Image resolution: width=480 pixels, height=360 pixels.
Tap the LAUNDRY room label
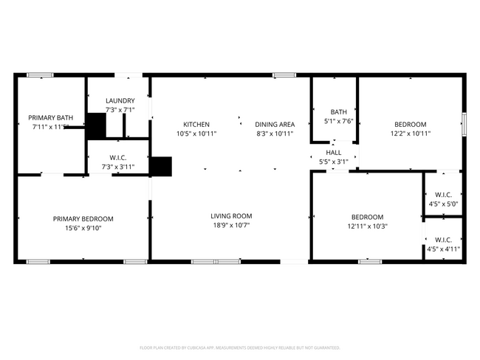[x=120, y=100]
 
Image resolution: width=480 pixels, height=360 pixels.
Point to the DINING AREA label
[x=275, y=124]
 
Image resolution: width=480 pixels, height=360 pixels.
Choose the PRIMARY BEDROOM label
[x=83, y=218]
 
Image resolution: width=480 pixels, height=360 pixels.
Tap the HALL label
[x=334, y=152]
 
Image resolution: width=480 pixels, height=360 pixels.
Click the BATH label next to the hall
[x=339, y=112]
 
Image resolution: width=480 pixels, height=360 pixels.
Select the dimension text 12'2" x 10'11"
[x=410, y=134]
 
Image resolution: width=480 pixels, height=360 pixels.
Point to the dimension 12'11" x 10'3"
[x=367, y=226]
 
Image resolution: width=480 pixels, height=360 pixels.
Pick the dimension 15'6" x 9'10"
[x=83, y=228]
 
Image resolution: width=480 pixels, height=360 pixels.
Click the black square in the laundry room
[x=96, y=125]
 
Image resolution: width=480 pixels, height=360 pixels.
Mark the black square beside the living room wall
[x=160, y=166]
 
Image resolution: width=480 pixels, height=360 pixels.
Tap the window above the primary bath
[x=40, y=75]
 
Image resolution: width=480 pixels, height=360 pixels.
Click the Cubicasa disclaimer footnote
[x=239, y=347]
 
